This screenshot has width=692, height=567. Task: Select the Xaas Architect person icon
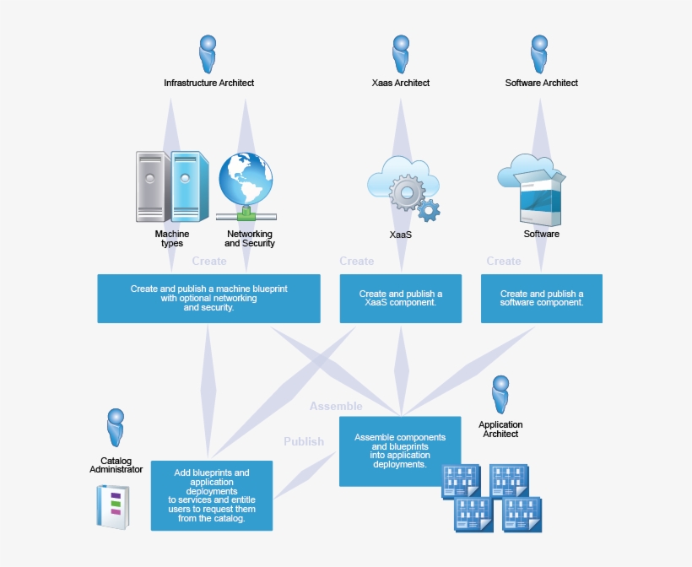pos(401,54)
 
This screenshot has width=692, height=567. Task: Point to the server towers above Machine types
pos(172,186)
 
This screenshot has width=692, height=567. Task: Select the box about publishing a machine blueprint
pos(208,298)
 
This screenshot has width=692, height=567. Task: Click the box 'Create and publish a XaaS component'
pos(400,298)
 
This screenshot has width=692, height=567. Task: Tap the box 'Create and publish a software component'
pos(541,298)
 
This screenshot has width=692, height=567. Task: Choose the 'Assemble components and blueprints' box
pos(400,451)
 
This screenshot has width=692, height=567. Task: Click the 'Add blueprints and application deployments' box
pos(212,495)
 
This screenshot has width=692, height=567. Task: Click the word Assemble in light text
pos(336,406)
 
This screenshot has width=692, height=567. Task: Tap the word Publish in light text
pos(304,441)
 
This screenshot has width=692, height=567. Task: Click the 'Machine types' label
pos(172,239)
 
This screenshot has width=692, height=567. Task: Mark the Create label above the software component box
pos(504,262)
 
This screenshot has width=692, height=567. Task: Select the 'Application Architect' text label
pos(500,429)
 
